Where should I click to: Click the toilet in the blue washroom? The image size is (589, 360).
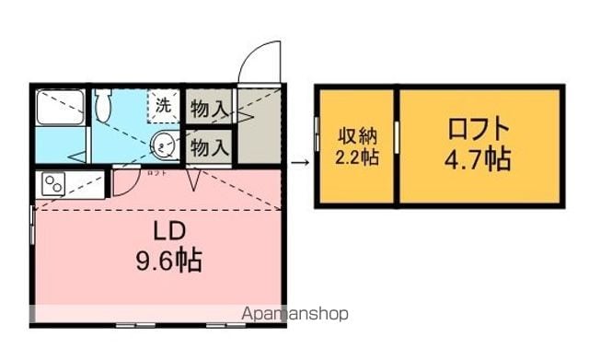(102, 104)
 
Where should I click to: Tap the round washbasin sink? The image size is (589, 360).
(164, 145)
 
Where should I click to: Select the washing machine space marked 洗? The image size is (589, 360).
(163, 106)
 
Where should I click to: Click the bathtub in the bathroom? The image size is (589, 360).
(60, 107)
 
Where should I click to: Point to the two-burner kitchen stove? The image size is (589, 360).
(53, 184)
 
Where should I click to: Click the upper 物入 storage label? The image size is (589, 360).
(210, 109)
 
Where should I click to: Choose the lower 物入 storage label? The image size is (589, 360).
(210, 147)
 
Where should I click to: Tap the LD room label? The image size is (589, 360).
(169, 231)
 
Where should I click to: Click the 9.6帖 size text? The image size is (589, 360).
(169, 261)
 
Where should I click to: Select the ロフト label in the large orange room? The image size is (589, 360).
(479, 129)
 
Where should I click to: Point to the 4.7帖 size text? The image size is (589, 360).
(478, 159)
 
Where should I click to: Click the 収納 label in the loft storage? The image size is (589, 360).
(357, 136)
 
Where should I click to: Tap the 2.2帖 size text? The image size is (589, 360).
(356, 157)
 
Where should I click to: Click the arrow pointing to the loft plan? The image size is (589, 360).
(300, 162)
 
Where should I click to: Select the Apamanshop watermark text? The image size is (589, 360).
(294, 314)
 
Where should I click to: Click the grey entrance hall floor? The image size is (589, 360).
(260, 125)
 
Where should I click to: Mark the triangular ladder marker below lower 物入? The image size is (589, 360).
(194, 180)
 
